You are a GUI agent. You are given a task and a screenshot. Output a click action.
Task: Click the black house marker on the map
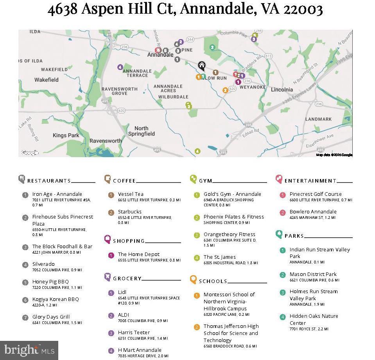tap(202, 65)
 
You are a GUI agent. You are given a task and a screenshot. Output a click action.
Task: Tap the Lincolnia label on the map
tap(282, 90)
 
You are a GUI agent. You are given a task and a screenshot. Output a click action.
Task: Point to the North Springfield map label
tap(141, 131)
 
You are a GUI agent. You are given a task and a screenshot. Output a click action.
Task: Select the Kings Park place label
tap(66, 135)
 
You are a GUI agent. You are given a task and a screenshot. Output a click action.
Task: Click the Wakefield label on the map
tap(46, 80)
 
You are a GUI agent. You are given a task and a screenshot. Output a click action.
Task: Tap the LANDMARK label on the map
tap(318, 119)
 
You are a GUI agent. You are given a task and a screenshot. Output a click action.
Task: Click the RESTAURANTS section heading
tap(49, 181)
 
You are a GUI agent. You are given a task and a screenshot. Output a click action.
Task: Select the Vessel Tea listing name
tap(131, 194)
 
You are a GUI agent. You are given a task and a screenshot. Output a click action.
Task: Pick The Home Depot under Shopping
tap(138, 254)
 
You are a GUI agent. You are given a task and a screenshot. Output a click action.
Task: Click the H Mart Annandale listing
tap(139, 350)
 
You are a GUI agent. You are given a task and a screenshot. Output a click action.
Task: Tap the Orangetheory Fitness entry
tap(229, 234)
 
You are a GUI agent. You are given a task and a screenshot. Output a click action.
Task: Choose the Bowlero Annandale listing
tap(313, 211)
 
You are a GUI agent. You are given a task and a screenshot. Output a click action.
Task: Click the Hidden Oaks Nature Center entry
tap(314, 319)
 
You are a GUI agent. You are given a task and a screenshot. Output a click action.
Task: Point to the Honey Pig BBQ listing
tap(50, 281)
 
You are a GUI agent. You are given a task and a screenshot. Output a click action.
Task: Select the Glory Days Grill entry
tap(51, 317)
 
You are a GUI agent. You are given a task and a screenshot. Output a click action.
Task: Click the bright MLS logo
tap(29, 350)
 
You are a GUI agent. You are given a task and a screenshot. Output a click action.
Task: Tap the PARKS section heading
tap(294, 236)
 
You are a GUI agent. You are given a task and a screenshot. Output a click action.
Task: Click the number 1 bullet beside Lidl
tap(111, 293)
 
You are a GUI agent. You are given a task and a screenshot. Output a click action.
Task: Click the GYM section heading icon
tap(193, 179)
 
